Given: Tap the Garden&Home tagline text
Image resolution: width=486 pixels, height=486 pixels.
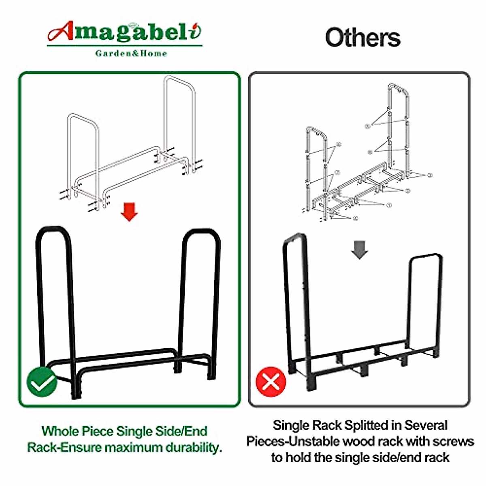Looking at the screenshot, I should click(131, 53).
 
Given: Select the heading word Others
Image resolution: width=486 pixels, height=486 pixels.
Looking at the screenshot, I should click(362, 38).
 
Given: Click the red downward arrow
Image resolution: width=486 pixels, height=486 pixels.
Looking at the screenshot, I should click(129, 212).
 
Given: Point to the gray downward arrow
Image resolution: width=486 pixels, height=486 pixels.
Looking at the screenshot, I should click(359, 250).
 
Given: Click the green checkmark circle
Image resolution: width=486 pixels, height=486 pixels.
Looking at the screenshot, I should click(42, 382).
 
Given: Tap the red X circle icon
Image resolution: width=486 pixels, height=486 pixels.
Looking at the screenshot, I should click(271, 382).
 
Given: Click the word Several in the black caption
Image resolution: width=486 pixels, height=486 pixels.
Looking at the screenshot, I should click(426, 425).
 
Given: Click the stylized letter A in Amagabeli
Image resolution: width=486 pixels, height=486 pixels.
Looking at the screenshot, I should click(61, 32).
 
